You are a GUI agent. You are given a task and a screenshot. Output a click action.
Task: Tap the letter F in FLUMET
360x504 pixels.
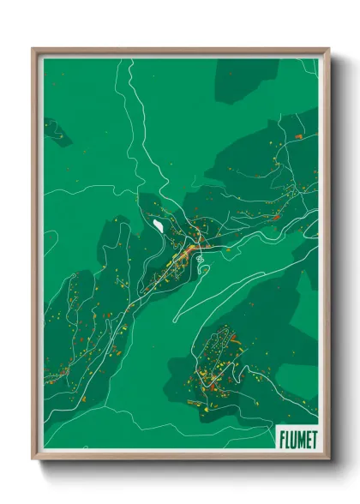282,438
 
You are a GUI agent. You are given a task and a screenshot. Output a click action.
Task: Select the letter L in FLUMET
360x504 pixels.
287,438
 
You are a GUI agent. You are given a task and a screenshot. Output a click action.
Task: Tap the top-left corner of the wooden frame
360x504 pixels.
33,49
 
